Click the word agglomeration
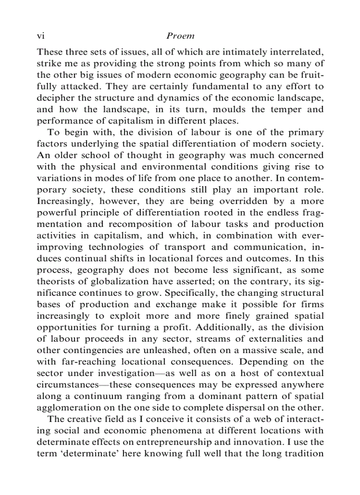tap(66, 407)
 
